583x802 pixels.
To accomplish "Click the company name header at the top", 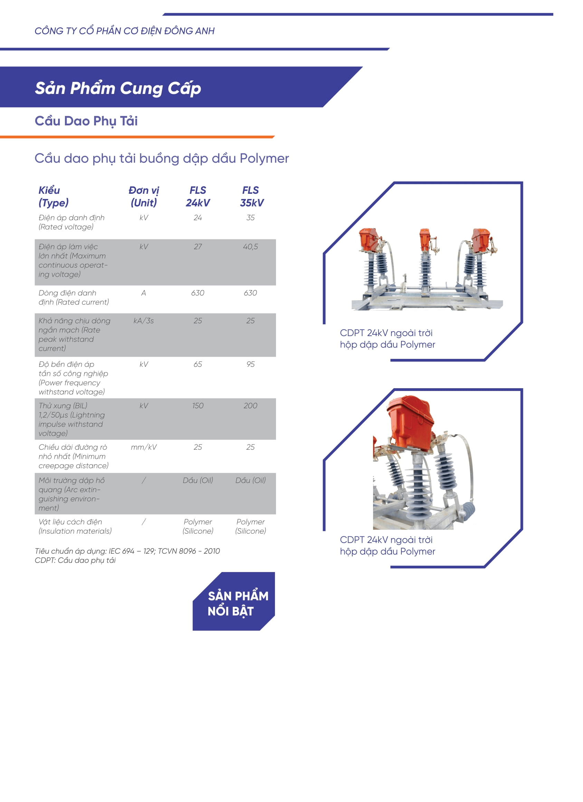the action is (x=124, y=31).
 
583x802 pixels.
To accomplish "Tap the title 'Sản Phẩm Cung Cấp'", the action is (x=118, y=88).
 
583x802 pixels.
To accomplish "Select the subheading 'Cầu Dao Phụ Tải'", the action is (x=86, y=121).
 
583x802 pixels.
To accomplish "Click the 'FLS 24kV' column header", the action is (x=198, y=196).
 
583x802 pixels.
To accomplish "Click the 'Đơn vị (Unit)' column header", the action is (x=144, y=196).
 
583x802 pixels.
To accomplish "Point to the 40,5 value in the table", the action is (x=250, y=247).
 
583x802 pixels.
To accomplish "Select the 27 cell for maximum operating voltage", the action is (x=198, y=247).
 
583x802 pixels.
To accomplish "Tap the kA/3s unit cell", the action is (x=144, y=321).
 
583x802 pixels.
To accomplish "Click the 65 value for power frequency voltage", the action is (x=198, y=364).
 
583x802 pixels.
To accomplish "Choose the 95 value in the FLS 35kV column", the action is (x=250, y=364).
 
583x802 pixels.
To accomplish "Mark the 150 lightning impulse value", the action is (x=198, y=405).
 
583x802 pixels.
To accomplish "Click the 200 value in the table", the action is (x=250, y=405).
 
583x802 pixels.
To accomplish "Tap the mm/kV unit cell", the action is (x=144, y=447).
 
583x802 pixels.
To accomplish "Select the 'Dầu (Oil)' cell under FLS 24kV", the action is (x=198, y=480).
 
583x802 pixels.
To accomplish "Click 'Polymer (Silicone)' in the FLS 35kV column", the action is (x=250, y=526).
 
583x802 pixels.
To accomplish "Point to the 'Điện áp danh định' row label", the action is (x=71, y=218).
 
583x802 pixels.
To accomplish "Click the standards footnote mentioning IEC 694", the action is (x=127, y=551).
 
